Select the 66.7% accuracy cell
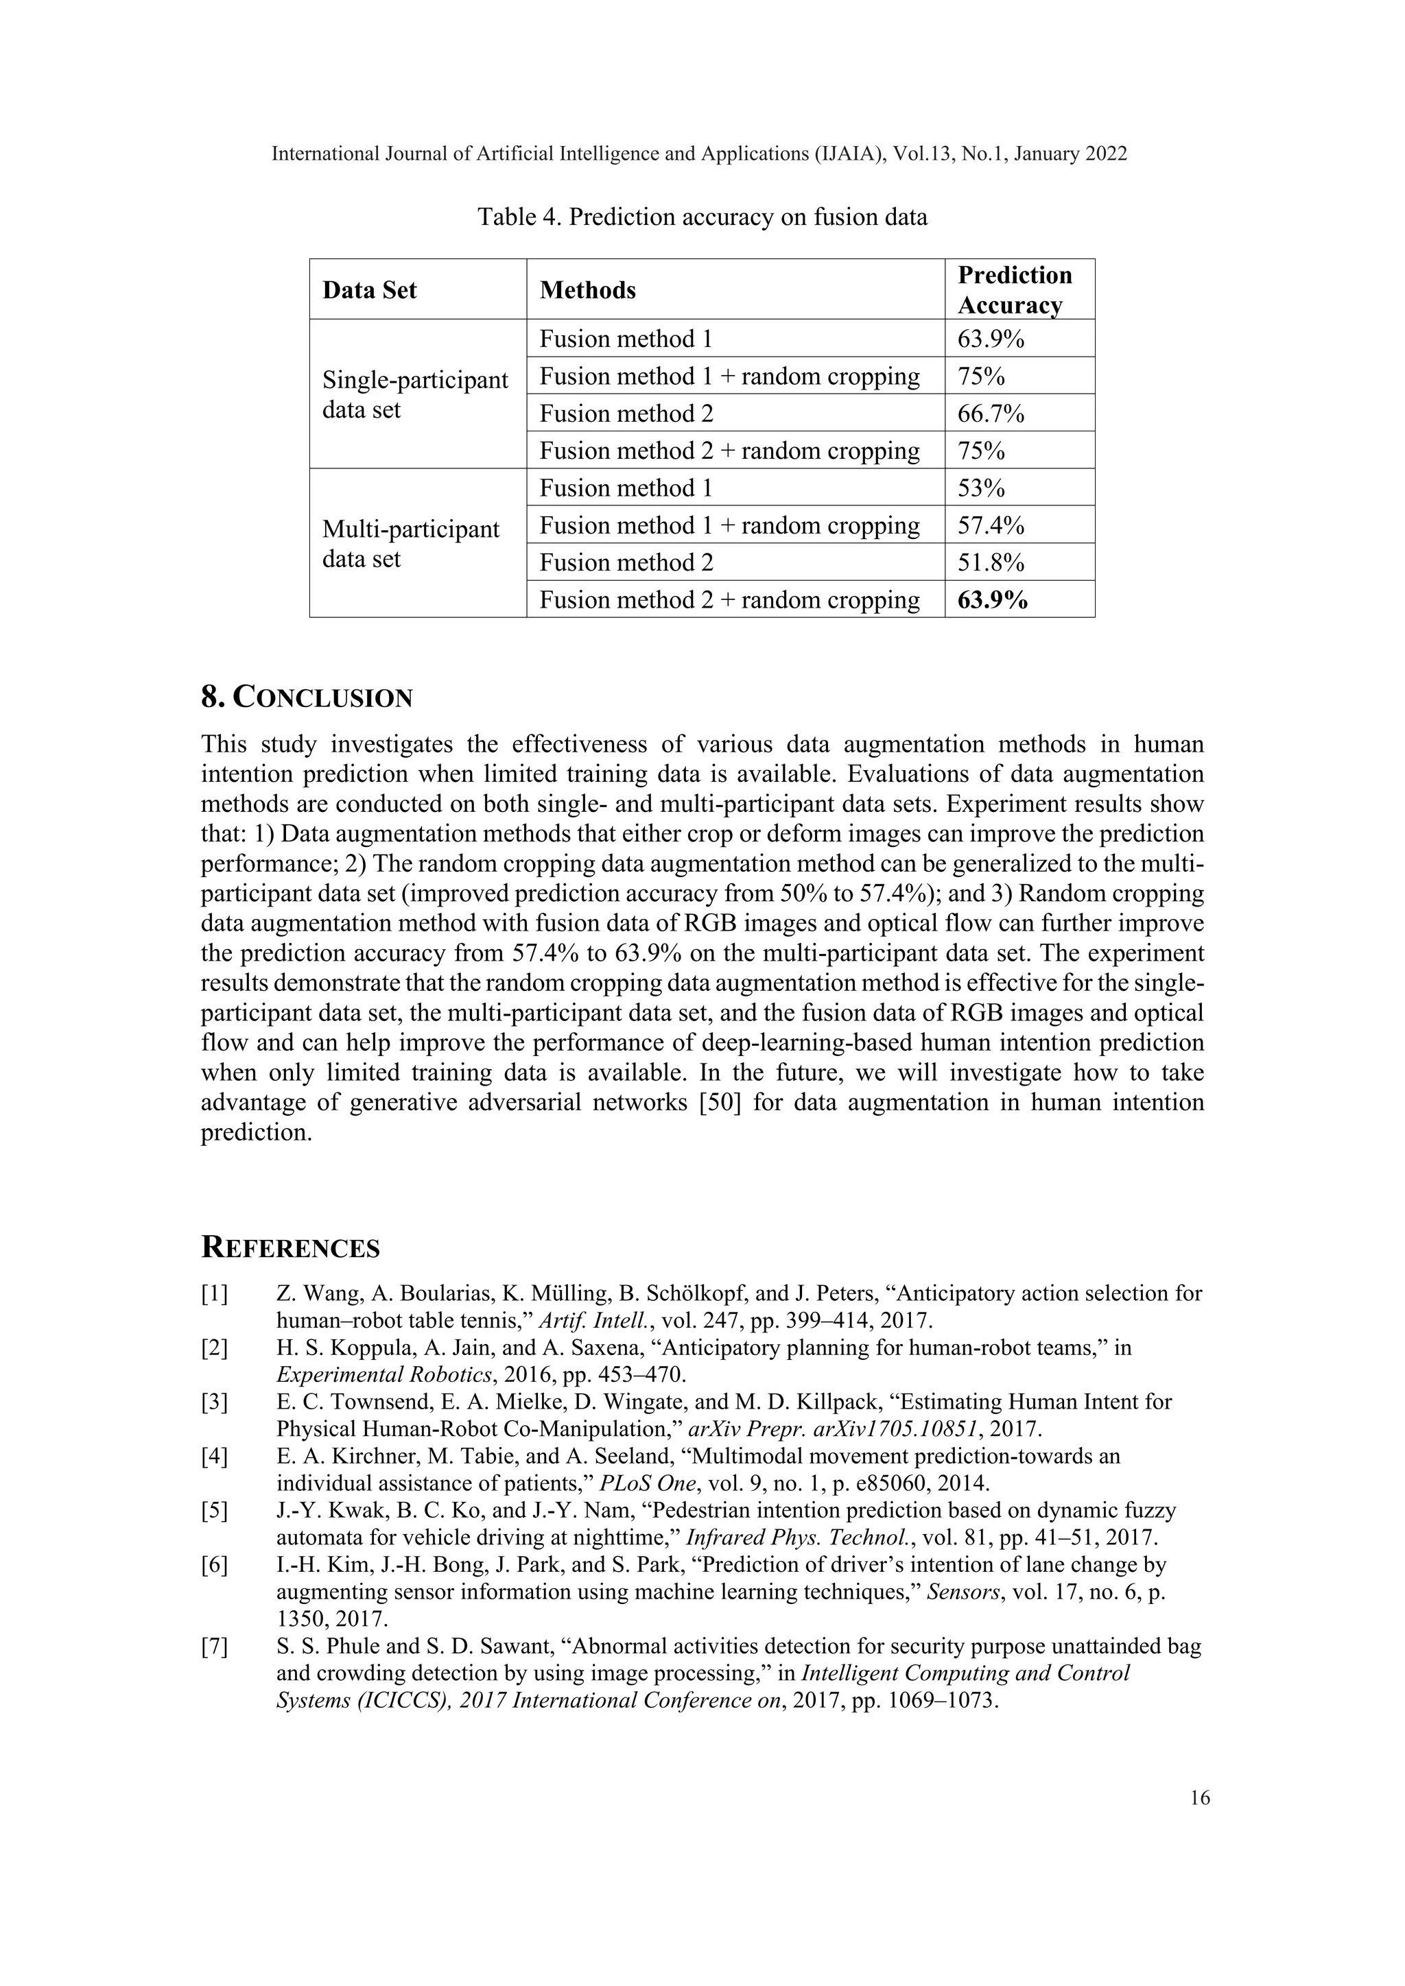click(x=991, y=414)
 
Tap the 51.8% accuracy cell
click(x=991, y=563)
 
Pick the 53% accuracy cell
click(x=981, y=489)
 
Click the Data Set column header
click(x=369, y=290)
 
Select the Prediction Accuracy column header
click(x=1014, y=290)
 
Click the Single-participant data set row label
click(x=415, y=394)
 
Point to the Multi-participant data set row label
click(x=411, y=544)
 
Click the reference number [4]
click(x=215, y=1457)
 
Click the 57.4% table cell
click(x=991, y=526)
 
